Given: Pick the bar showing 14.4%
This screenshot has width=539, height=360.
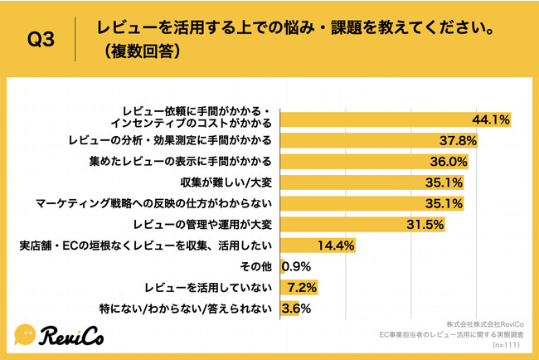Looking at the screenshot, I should click(x=318, y=246).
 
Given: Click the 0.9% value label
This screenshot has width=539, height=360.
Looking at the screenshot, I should click(x=296, y=267).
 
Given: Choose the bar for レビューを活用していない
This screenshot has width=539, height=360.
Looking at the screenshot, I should click(x=299, y=289).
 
